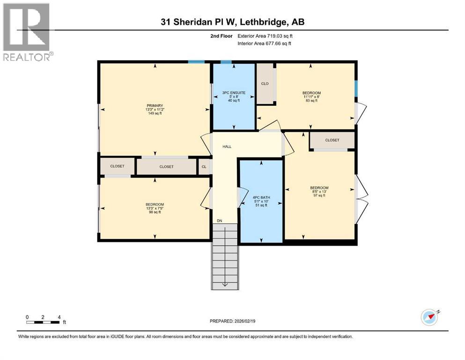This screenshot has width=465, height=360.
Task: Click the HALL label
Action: point(227,147)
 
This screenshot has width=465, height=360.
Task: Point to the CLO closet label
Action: point(265,84)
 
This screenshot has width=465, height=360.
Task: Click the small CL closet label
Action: point(204,166)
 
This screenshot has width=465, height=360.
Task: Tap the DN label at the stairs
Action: point(219,220)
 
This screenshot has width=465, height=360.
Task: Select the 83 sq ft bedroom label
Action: point(311,97)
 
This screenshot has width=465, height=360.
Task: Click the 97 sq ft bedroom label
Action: point(319,192)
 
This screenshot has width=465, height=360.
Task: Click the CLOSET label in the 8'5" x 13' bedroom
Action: point(332,140)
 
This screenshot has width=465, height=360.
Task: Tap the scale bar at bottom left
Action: point(43,322)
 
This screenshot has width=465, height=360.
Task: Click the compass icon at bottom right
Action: point(428,317)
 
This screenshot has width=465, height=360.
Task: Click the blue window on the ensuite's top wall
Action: point(226,61)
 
